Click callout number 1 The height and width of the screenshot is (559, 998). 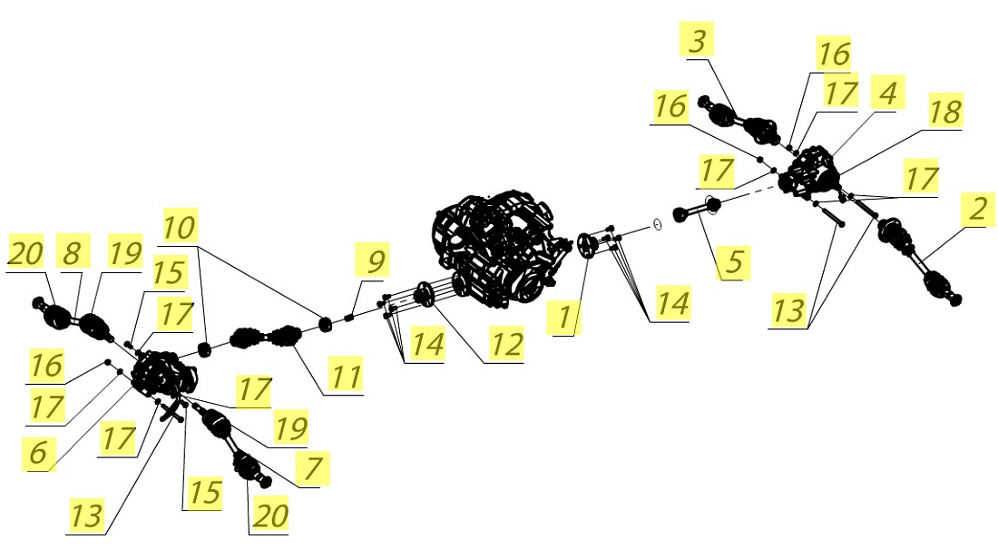564,317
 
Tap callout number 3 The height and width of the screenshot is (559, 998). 697,39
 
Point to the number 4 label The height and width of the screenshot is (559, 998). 888,92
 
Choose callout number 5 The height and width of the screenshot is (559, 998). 734,261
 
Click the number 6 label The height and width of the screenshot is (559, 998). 38,453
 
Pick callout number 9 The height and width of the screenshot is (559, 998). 376,260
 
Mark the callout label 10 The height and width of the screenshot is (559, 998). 180,226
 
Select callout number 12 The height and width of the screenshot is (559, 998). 506,344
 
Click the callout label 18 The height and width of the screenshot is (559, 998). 944,111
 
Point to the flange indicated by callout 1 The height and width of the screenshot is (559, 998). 586,247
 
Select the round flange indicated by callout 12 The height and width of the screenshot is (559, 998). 424,295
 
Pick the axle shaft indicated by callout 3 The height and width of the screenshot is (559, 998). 739,121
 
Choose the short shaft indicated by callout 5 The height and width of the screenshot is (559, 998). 696,211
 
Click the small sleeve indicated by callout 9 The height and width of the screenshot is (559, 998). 348,317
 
